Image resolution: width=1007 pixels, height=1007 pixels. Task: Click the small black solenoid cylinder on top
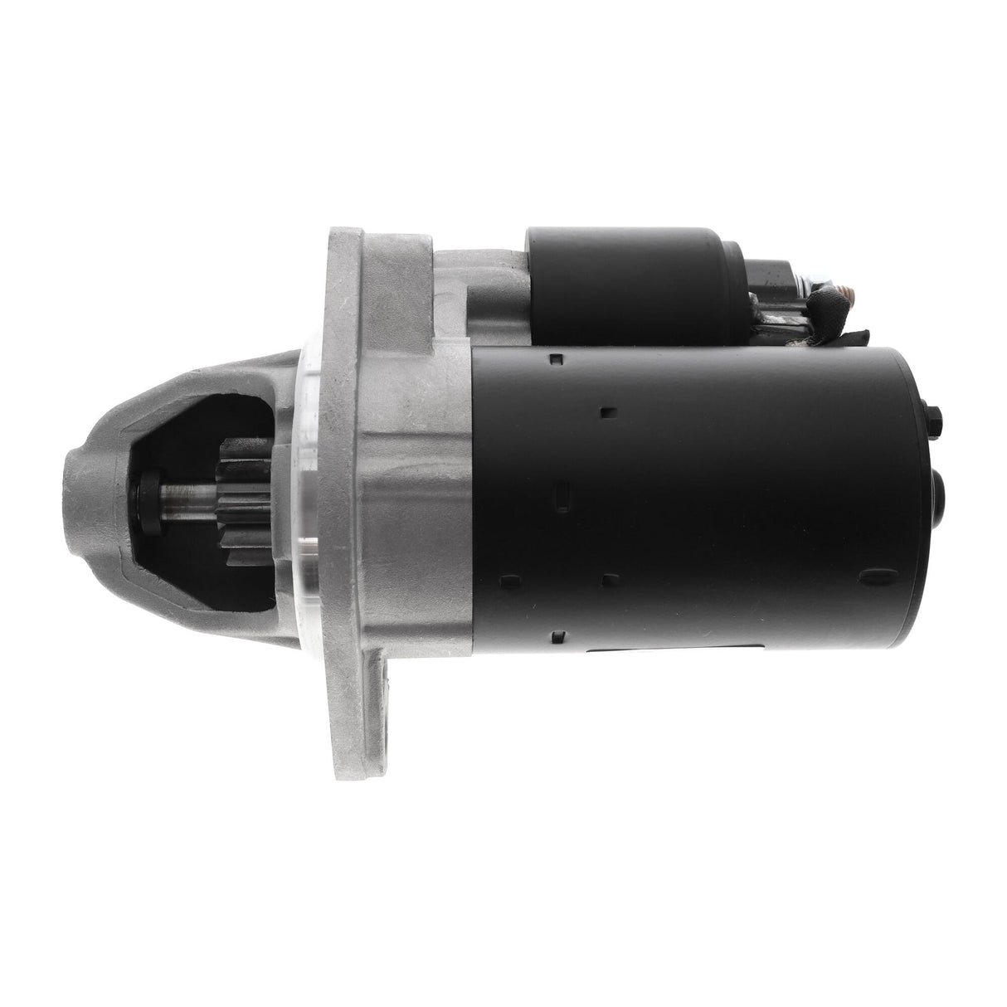[x=622, y=273]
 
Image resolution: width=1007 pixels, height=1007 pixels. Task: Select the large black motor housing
[x=705, y=498]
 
